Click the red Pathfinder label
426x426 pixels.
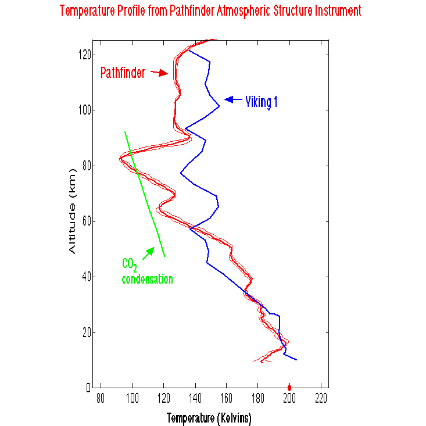point(123,73)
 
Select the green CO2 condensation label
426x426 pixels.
point(147,272)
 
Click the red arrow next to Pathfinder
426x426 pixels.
point(159,73)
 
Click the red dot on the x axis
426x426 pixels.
point(289,388)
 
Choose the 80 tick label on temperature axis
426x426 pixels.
point(101,400)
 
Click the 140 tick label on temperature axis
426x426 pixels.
point(195,400)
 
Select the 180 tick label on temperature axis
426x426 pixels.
point(258,400)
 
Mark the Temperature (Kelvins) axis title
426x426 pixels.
point(209,418)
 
